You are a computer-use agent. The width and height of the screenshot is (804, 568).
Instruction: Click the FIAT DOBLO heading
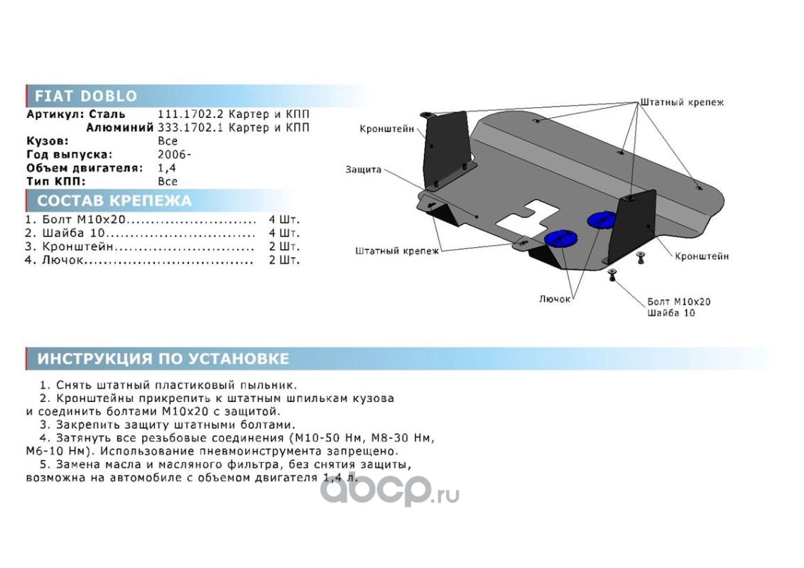click(x=86, y=96)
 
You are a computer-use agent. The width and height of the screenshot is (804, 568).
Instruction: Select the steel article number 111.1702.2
click(x=190, y=114)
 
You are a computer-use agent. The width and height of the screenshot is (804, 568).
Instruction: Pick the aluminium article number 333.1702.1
click(x=190, y=128)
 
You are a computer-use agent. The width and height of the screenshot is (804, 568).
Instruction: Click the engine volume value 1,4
click(x=167, y=168)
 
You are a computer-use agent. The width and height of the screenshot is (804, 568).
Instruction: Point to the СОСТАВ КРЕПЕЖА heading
click(x=114, y=200)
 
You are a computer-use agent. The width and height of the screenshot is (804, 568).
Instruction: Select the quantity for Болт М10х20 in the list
click(x=284, y=220)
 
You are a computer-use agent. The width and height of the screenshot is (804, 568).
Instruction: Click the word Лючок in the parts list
click(x=62, y=261)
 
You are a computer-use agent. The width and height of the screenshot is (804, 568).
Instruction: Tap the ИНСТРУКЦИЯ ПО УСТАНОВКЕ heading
click(x=163, y=359)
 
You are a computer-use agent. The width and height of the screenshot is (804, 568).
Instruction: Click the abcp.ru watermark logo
click(x=390, y=491)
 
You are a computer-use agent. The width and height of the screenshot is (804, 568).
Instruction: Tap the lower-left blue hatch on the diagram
click(x=560, y=239)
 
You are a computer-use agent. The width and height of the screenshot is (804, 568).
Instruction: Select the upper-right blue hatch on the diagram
click(x=602, y=219)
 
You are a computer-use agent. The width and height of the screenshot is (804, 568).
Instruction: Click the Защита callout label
click(x=363, y=169)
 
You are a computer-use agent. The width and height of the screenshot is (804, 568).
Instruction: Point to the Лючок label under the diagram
click(x=554, y=299)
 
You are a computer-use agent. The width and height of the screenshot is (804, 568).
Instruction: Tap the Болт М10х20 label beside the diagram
click(x=679, y=302)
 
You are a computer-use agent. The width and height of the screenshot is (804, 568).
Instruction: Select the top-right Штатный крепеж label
click(x=682, y=102)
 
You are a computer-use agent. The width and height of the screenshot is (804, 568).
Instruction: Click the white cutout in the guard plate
click(x=528, y=217)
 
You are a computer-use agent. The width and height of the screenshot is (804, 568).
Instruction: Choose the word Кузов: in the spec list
click(x=47, y=141)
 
